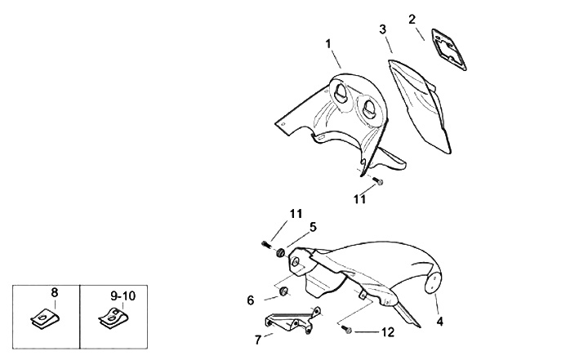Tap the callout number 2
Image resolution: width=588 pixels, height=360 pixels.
coord(412,18)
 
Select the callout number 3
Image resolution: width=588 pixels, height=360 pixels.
coord(382,29)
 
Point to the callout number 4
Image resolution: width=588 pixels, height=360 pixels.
coord(439,321)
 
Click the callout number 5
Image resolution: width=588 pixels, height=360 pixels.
coord(313,226)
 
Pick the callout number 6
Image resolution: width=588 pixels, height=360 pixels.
coord(251,300)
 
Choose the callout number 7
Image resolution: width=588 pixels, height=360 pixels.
coord(258,338)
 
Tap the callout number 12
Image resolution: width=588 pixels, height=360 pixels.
coord(387,332)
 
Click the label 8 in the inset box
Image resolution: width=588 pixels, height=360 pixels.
coord(54,292)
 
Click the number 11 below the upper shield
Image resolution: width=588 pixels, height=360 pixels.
coord(360,198)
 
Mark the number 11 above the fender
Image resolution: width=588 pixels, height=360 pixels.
coord(295,215)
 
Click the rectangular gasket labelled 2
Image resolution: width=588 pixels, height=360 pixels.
coord(447,46)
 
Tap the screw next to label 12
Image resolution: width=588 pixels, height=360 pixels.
coord(349,331)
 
